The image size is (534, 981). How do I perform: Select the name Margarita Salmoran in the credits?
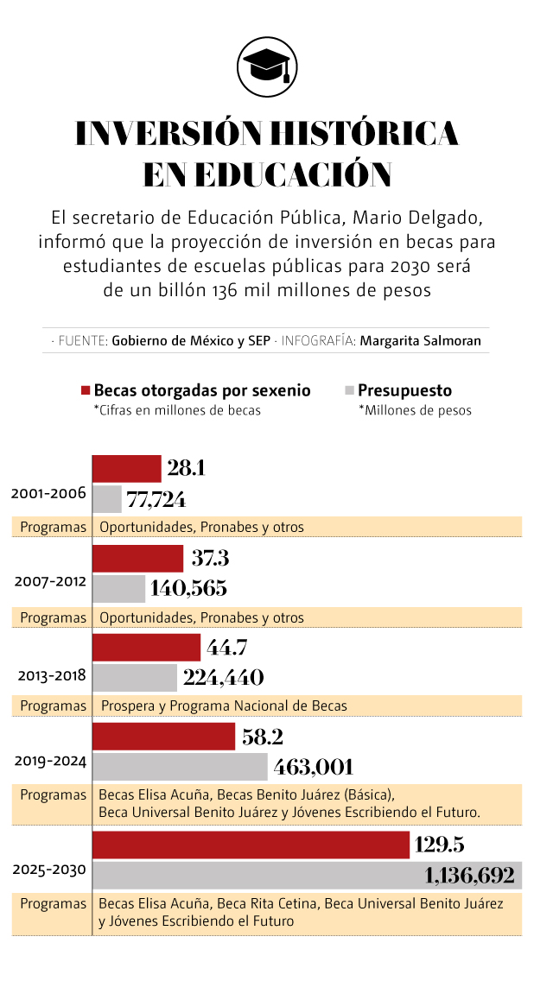pos(420,340)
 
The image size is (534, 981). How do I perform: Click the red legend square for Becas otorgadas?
pos(85,391)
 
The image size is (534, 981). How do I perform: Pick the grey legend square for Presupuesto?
pos(349,391)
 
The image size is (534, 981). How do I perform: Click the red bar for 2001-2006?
pos(126,469)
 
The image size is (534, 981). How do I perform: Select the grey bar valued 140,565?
pos(118,589)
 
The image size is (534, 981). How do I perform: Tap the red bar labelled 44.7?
pos(146,648)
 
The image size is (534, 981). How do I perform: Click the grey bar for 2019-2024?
pos(180,767)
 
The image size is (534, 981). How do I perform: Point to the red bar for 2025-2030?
pos(251,845)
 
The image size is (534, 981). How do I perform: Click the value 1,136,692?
pos(470,877)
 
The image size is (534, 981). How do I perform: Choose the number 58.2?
pos(263,737)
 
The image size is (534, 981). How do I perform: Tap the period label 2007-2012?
pos(49,581)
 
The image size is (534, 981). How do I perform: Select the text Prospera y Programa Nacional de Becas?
pos(224,706)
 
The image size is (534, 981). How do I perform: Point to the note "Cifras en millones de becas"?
pos(177,410)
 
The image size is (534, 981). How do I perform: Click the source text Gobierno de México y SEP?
pos(189,340)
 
